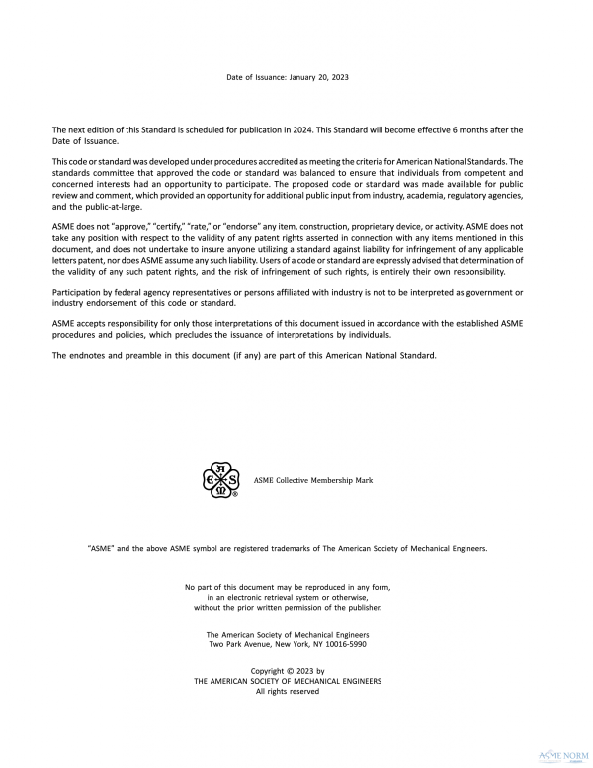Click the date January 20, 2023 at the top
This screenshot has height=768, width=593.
click(318, 76)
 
